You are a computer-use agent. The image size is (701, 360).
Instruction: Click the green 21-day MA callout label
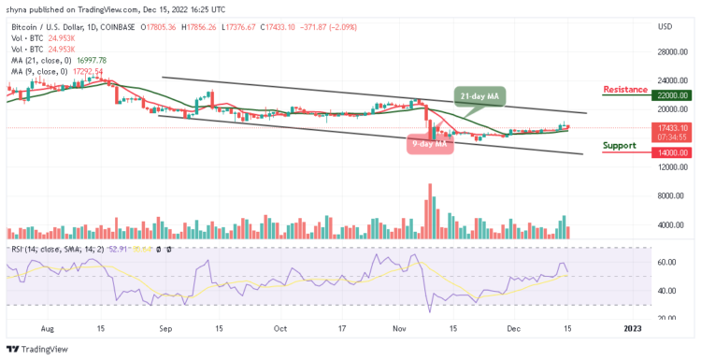click(x=481, y=96)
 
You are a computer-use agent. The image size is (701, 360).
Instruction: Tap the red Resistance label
click(x=625, y=90)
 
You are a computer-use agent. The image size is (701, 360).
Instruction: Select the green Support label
click(x=621, y=145)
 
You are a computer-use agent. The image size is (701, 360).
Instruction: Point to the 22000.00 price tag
click(x=672, y=95)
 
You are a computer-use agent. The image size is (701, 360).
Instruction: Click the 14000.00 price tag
click(x=672, y=152)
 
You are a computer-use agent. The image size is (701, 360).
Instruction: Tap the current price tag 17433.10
click(x=672, y=127)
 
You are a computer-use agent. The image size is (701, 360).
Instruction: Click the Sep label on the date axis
click(x=166, y=329)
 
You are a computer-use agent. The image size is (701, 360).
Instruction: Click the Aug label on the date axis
click(x=49, y=329)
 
